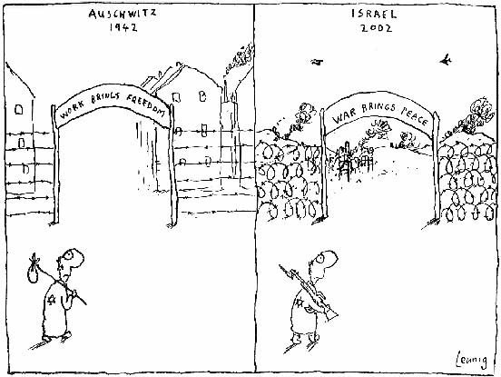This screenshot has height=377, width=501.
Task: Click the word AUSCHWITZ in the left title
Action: [x=123, y=14]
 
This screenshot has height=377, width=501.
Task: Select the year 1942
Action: [x=123, y=27]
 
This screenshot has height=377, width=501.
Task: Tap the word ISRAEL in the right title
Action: [x=374, y=14]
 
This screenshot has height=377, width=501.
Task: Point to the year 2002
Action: [x=377, y=28]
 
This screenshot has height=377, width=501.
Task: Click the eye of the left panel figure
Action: [x=69, y=255]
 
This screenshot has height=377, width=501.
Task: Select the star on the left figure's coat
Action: [x=52, y=300]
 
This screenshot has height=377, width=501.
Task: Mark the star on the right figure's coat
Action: [x=300, y=303]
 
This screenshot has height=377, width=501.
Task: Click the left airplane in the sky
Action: [x=317, y=62]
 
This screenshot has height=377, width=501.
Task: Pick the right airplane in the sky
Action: [x=447, y=59]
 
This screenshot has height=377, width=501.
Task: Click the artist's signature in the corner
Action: [x=472, y=360]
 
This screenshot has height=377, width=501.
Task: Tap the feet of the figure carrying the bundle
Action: [x=57, y=335]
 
